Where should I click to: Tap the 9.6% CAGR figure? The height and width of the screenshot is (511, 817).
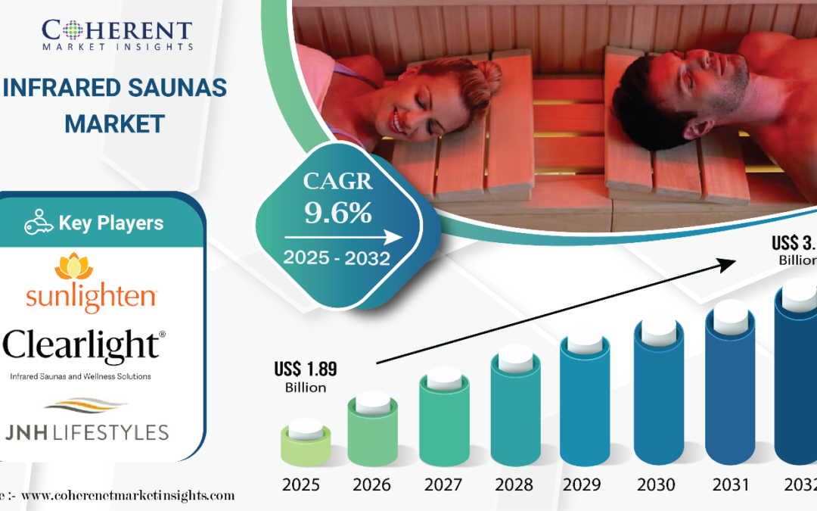coord(337,213)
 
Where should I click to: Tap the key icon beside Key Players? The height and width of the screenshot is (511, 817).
coord(39,223)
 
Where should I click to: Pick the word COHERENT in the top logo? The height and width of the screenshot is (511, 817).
coord(116,31)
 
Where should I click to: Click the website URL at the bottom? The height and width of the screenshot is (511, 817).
coord(125,496)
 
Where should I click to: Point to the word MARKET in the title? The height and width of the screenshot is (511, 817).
coord(114,123)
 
